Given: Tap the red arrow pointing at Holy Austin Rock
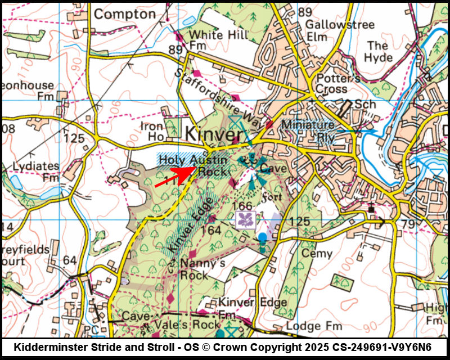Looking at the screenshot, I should (174, 175).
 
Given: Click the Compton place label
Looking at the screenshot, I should (124, 13).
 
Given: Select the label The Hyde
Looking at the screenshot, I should (377, 52).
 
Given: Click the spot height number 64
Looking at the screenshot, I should (70, 260).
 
